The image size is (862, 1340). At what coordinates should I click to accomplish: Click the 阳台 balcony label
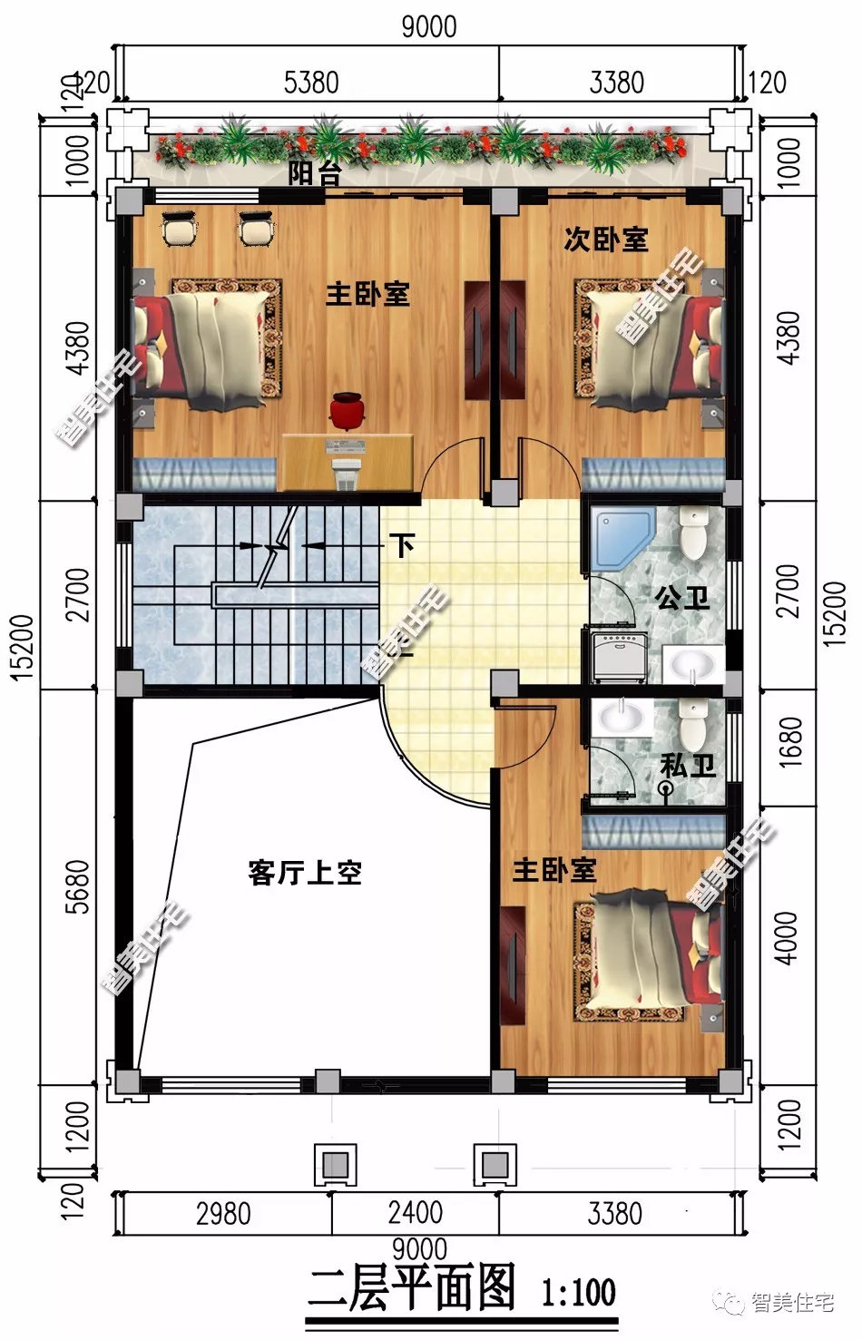tap(314, 172)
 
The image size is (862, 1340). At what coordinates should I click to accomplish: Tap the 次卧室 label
tap(606, 240)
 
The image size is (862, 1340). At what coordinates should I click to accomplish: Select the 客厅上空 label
tap(305, 873)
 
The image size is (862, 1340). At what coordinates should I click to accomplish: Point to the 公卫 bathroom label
tap(682, 598)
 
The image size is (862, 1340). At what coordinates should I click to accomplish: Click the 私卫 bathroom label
tap(688, 766)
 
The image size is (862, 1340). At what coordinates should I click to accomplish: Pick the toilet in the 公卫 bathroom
tap(694, 534)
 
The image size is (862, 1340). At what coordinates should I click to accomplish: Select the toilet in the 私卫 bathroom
tap(695, 725)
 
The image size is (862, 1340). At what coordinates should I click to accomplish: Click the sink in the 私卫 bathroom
tap(621, 719)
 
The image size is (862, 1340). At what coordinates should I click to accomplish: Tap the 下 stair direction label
tap(402, 545)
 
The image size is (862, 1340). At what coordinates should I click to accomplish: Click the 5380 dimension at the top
tap(311, 83)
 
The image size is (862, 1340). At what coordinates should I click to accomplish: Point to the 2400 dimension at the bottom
tap(415, 1213)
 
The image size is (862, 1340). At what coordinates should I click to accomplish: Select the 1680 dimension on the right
tap(789, 742)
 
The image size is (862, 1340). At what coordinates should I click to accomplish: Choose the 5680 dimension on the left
tap(78, 886)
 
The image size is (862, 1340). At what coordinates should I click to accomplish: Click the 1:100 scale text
tap(578, 1292)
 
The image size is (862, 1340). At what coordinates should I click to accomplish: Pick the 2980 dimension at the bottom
tap(223, 1214)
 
